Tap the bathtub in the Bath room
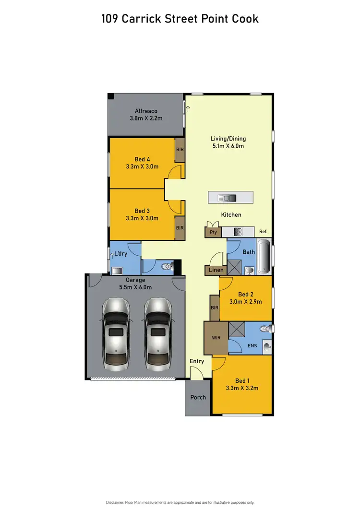tap(264, 258)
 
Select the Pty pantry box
tap(212, 232)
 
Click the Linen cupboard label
tap(216, 270)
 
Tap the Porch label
tap(198, 397)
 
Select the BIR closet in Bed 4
tap(180, 150)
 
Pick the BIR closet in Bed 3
tap(180, 228)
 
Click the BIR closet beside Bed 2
tap(214, 307)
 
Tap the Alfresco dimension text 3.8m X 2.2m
tap(146, 118)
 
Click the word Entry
tap(197, 361)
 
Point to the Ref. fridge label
tap(263, 232)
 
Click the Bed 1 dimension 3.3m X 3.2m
tap(242, 388)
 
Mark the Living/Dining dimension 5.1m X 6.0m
tap(228, 146)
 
